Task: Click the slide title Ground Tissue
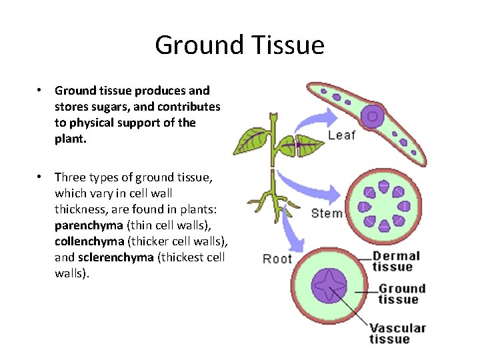click(x=239, y=45)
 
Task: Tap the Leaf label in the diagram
click(x=341, y=135)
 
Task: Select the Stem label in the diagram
click(x=327, y=213)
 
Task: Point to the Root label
click(x=277, y=259)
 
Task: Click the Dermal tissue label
click(x=396, y=261)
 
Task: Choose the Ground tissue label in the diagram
click(x=401, y=294)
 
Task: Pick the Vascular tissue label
click(x=397, y=333)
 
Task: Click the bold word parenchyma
click(x=89, y=225)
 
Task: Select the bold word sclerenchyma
click(x=115, y=257)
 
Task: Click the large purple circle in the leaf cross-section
click(x=373, y=117)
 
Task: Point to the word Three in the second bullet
click(x=69, y=177)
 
